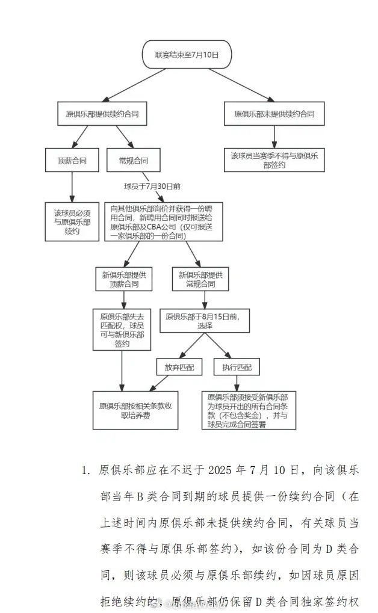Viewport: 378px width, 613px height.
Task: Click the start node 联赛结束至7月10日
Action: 186,55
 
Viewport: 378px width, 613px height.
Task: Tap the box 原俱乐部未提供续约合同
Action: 274,113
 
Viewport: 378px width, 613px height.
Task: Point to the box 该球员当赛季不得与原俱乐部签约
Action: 274,159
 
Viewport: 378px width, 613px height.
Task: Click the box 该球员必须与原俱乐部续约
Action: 72,221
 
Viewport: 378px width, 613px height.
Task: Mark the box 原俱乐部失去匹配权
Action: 122,329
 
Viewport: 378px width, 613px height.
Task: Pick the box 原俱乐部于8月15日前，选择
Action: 204,321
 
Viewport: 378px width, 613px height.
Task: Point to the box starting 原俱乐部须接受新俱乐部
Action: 248,410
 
